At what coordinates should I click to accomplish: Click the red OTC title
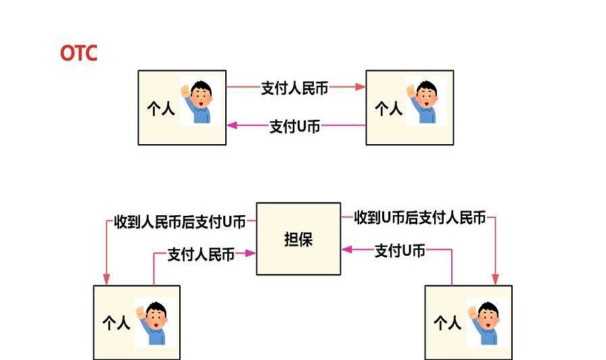pyautogui.click(x=78, y=53)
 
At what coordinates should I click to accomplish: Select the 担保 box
pyautogui.click(x=298, y=239)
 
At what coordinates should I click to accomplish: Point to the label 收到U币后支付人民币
pyautogui.click(x=421, y=218)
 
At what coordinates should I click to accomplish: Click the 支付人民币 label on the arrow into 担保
pyautogui.click(x=201, y=254)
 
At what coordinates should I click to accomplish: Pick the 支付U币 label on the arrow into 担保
pyautogui.click(x=400, y=251)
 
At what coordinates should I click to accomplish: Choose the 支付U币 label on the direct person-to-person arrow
pyautogui.click(x=295, y=126)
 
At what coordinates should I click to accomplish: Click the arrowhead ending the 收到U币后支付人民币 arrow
pyautogui.click(x=495, y=279)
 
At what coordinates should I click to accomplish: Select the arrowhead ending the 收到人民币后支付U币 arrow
pyautogui.click(x=106, y=279)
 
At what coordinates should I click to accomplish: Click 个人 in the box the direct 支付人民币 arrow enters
pyautogui.click(x=388, y=109)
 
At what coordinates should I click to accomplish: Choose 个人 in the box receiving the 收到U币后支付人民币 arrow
pyautogui.click(x=447, y=323)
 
